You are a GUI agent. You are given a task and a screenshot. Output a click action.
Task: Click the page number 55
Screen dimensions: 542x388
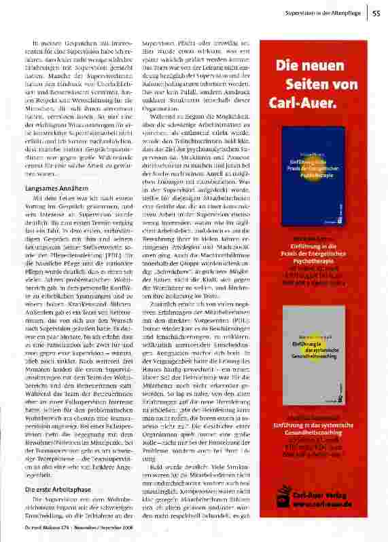click(376, 12)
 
